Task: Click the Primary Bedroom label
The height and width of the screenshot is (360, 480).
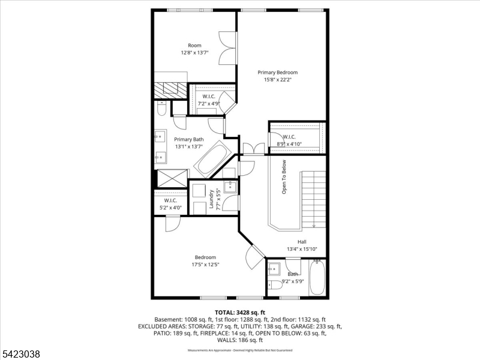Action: (277, 72)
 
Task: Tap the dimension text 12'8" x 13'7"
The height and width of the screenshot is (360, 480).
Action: (194, 53)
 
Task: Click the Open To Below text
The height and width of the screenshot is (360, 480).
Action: (284, 176)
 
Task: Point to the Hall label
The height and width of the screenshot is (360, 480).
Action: (302, 242)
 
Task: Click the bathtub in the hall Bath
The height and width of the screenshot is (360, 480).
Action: (317, 278)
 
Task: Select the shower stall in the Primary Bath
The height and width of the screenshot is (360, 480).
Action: (170, 179)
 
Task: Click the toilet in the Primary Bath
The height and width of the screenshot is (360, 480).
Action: (161, 109)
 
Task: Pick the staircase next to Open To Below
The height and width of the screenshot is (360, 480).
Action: (313, 198)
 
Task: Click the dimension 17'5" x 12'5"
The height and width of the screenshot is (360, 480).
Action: (205, 264)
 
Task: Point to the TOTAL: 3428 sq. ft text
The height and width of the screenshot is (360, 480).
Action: (239, 313)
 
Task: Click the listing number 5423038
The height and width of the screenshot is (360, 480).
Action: (21, 355)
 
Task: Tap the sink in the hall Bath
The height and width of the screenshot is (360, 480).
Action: (275, 269)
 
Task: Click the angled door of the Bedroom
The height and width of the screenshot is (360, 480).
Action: (255, 256)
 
